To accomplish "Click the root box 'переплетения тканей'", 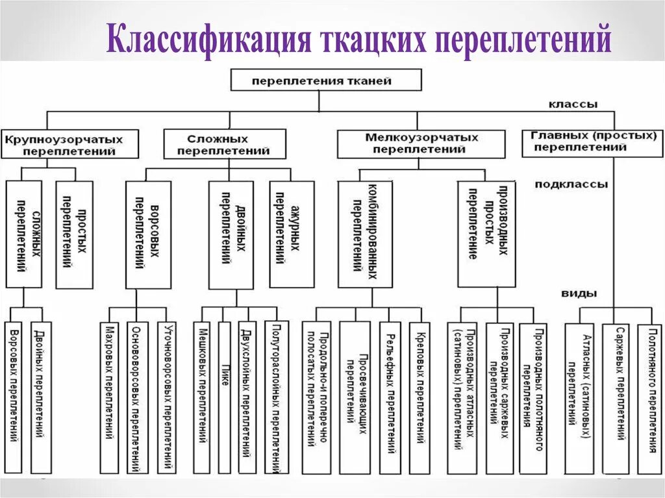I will (326, 80).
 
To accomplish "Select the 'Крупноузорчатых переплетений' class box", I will (69, 143).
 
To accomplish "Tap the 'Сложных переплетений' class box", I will (224, 143).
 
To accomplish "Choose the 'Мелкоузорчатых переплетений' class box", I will (421, 143).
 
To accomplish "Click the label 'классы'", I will (573, 104).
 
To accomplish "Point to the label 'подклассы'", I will (571, 184).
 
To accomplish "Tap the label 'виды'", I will (580, 293).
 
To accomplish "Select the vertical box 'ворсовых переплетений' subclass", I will (148, 234).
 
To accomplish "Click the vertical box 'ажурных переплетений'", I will (292, 234).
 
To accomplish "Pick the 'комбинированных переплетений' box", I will (365, 234).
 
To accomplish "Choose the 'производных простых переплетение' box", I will (486, 234).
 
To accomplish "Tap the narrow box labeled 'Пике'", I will (225, 397).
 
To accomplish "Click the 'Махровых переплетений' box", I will (110, 397).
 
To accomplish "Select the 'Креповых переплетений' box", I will (420, 397).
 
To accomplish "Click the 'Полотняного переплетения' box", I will (650, 397).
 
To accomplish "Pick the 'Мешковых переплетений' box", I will (202, 397).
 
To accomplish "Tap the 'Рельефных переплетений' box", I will (390, 397).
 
